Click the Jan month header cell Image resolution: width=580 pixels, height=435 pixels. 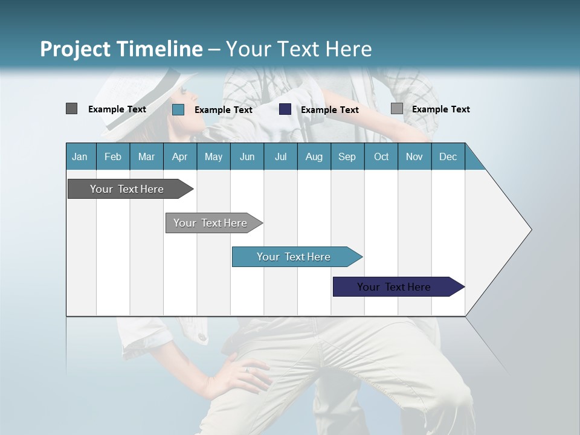[x=80, y=156]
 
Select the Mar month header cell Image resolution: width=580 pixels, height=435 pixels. [x=146, y=156]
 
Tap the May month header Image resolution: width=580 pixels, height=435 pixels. [x=213, y=156]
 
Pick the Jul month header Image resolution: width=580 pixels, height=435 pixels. [x=280, y=156]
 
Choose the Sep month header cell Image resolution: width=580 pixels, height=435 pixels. [x=347, y=156]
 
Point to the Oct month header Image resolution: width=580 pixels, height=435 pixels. [x=381, y=156]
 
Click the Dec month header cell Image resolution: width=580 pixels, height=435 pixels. [x=448, y=156]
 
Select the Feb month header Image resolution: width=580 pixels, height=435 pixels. [x=113, y=156]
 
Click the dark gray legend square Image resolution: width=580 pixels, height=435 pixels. [x=71, y=109]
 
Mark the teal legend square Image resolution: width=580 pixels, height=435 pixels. [x=178, y=109]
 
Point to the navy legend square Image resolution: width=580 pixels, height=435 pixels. [x=285, y=109]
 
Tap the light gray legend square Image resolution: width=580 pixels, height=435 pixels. [x=397, y=109]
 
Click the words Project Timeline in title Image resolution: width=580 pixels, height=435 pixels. [x=121, y=49]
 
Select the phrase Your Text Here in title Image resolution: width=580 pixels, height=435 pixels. [x=298, y=49]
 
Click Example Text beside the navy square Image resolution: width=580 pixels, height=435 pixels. [x=330, y=110]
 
